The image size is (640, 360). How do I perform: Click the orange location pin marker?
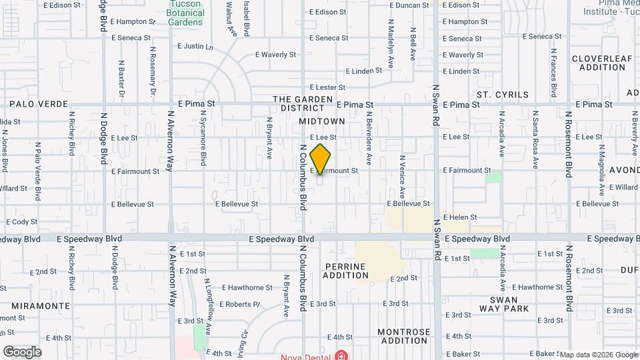click(321, 159)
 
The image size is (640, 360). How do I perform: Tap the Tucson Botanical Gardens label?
click(185, 13)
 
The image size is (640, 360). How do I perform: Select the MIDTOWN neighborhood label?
click(322, 121)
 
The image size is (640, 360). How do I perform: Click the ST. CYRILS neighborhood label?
click(502, 95)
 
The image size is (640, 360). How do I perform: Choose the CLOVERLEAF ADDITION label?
click(602, 63)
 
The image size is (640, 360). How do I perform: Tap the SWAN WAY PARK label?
click(504, 304)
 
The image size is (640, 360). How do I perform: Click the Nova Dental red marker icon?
click(341, 355)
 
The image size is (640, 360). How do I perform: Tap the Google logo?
click(22, 352)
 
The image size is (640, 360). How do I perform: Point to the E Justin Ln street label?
click(195, 47)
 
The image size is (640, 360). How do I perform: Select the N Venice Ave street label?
click(402, 177)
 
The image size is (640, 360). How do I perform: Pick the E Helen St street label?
click(461, 217)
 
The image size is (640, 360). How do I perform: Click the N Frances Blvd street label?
click(553, 72)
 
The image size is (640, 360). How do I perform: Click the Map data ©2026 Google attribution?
click(598, 355)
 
